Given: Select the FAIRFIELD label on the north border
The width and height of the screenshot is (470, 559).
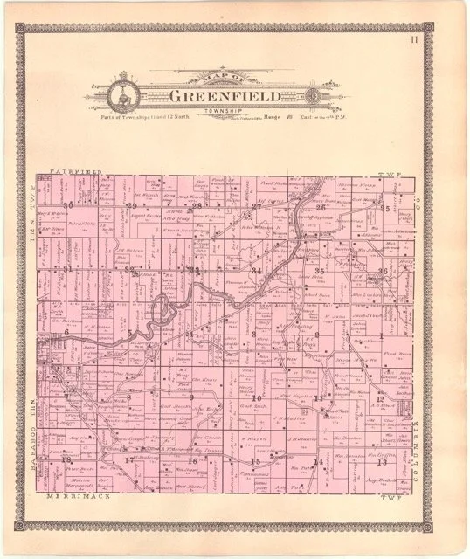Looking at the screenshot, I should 76,172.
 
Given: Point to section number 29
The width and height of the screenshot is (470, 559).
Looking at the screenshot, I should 131,206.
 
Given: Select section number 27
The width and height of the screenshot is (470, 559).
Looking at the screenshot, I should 256,207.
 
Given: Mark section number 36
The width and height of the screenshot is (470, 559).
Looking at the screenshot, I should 383,273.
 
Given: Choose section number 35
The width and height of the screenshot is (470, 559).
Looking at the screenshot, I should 320,272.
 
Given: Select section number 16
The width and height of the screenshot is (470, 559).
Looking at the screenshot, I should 193,460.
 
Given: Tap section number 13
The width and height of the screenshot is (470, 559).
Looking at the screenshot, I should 382,461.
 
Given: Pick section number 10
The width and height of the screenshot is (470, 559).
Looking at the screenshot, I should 257,398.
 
